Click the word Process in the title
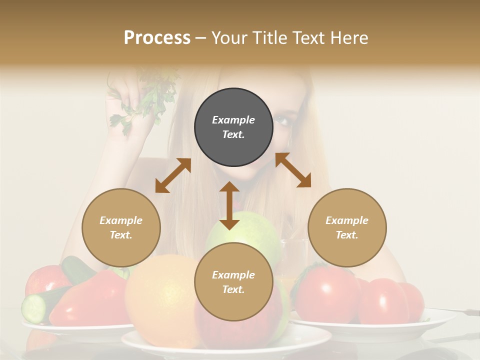(157, 38)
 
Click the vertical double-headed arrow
(229, 205)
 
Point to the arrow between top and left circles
(173, 175)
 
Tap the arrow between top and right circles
(293, 170)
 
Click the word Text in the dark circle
(233, 134)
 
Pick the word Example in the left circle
(121, 220)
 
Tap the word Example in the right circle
(347, 220)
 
